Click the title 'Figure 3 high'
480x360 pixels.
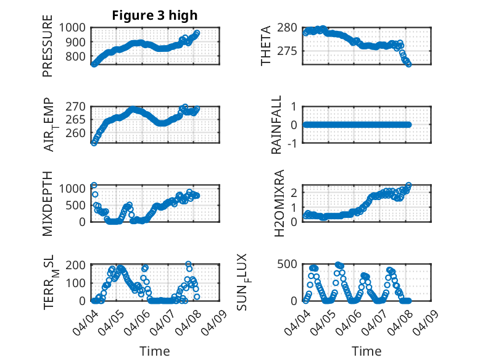click(155, 15)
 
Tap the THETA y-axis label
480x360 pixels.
click(266, 46)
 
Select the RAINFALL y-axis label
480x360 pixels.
click(276, 125)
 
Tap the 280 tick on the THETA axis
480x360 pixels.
click(288, 28)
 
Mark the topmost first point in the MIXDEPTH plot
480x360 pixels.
click(94, 185)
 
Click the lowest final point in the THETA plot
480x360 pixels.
click(408, 64)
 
